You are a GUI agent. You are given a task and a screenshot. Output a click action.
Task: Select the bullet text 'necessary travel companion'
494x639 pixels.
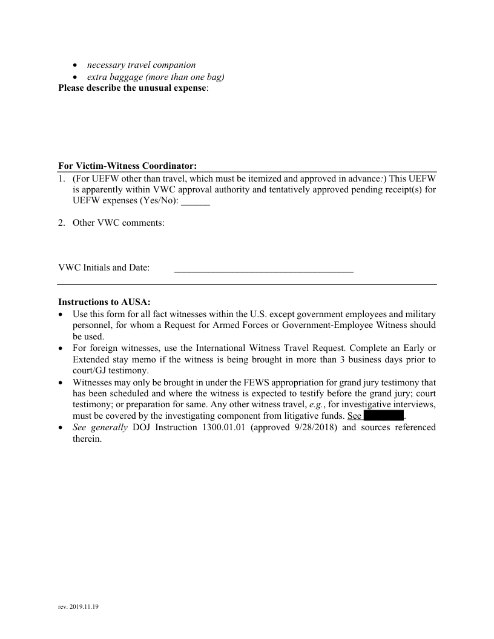click(141, 65)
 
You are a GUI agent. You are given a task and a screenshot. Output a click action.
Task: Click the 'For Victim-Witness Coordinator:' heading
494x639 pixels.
click(128, 166)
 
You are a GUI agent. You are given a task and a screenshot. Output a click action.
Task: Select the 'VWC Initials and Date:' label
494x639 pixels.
click(104, 267)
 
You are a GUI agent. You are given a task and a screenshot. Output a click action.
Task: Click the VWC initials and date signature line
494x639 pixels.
click(263, 270)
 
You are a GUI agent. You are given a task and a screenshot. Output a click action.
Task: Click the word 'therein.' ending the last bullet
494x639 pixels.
click(87, 439)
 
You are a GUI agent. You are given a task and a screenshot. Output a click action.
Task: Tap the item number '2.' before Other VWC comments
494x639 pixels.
click(62, 223)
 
